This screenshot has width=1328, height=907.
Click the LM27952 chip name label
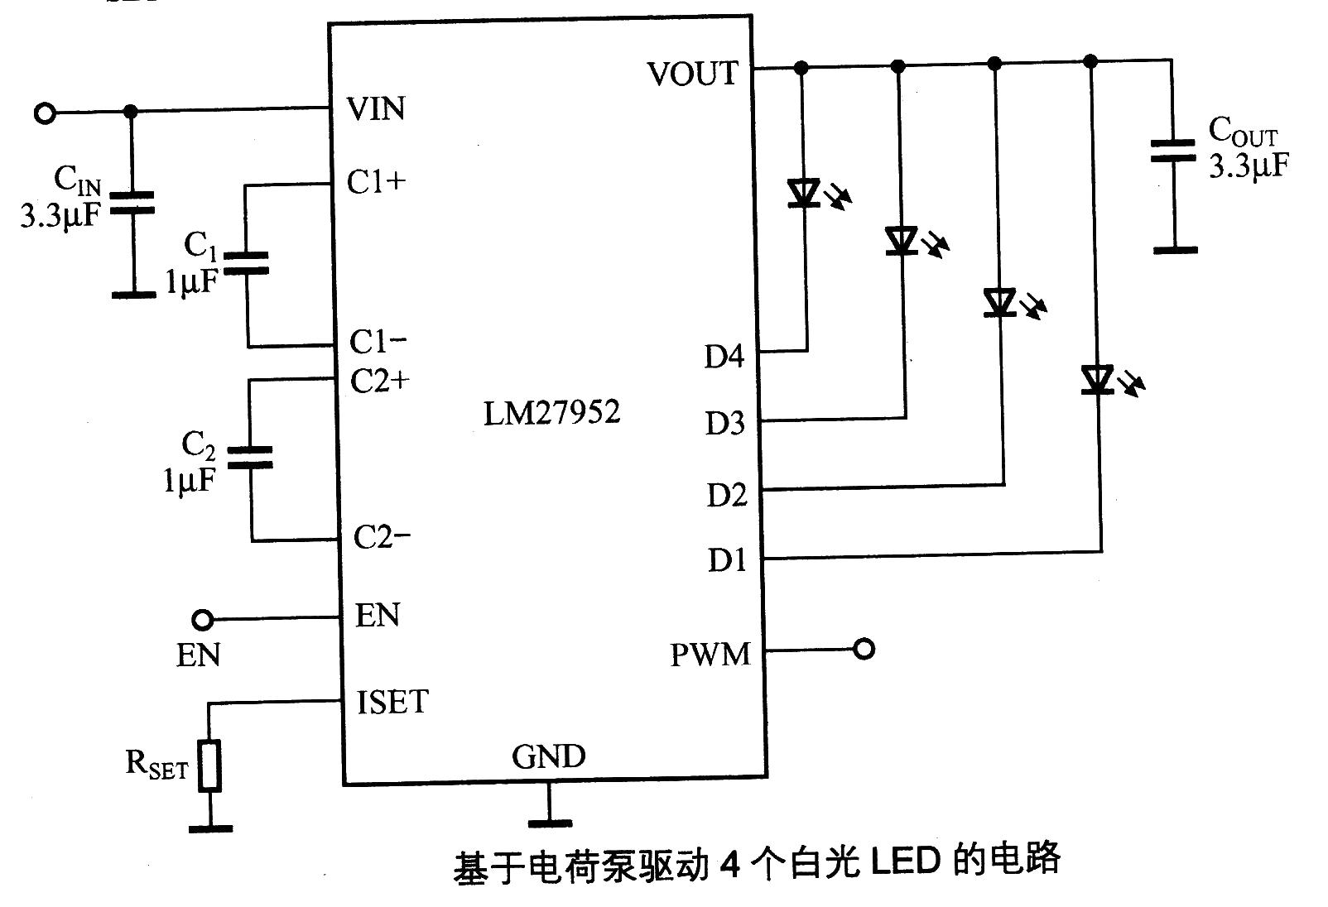click(551, 412)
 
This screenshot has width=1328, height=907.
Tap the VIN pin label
click(377, 108)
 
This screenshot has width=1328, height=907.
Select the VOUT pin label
click(692, 74)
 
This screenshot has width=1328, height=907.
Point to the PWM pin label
click(710, 655)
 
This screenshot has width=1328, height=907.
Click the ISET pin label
click(392, 702)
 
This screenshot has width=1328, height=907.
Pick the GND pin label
click(548, 756)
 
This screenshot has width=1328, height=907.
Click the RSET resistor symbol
click(210, 766)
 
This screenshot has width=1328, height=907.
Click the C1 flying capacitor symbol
click(247, 262)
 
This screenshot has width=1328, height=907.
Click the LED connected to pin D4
click(803, 193)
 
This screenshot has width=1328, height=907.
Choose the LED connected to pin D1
click(1097, 380)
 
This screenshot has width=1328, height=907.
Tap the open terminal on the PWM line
click(864, 650)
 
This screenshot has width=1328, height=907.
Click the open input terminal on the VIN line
click(45, 113)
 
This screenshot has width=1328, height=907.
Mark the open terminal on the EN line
click(201, 619)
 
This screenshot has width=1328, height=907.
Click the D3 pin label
click(724, 424)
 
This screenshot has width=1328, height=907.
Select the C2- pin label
click(382, 537)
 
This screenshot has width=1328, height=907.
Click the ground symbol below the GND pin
click(549, 822)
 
